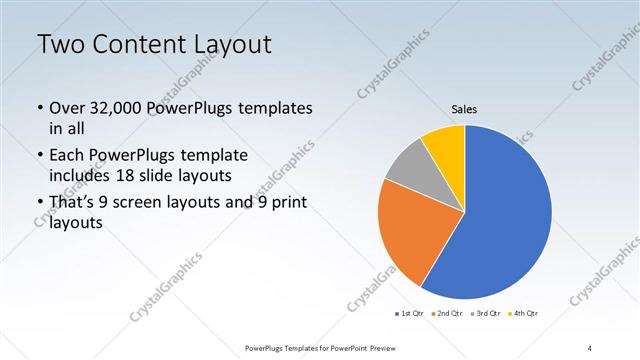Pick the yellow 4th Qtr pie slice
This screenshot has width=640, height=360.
pyautogui.click(x=442, y=144)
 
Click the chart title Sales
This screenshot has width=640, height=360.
pyautogui.click(x=464, y=108)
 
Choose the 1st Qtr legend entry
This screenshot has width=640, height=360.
pyautogui.click(x=411, y=315)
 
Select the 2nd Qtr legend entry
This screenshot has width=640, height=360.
pyautogui.click(x=449, y=315)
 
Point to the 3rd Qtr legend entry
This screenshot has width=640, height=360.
pyautogui.click(x=487, y=315)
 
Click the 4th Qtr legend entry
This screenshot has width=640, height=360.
pyautogui.click(x=525, y=315)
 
